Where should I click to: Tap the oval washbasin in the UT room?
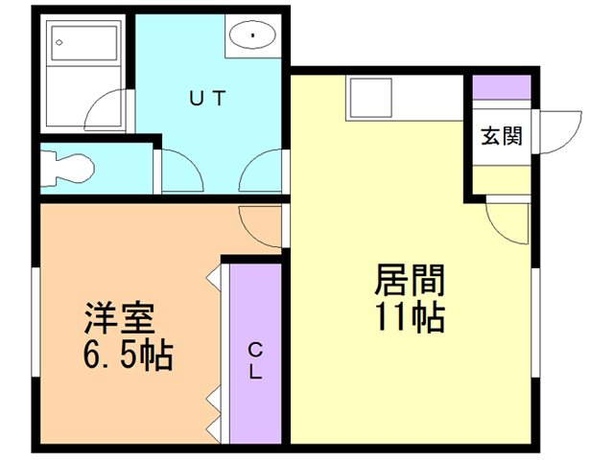coord(252,37)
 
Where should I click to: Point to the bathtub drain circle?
coord(59,42)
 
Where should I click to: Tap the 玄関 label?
coord(501,135)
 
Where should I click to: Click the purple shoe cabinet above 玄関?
coord(501,85)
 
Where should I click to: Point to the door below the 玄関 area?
coord(507,222)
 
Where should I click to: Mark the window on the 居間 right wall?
coord(534,322)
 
